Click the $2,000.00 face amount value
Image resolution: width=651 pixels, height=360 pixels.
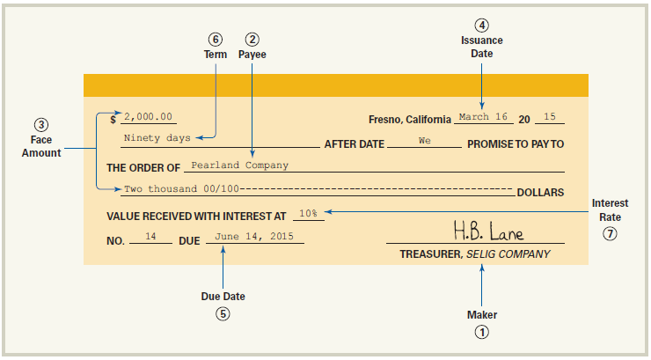pos(149,117)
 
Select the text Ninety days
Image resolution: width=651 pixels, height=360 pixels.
pos(157,138)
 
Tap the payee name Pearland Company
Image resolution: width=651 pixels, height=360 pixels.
pos(239,165)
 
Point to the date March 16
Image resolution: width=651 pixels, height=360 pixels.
pos(483,117)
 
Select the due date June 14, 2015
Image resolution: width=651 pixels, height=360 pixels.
pos(254,236)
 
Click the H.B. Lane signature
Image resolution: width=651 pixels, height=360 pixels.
pos(488,232)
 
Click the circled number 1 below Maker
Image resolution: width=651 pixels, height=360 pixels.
pos(482,332)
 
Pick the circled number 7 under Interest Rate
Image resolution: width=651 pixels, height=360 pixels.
pos(610,234)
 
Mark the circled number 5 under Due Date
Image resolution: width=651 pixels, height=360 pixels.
pos(223,313)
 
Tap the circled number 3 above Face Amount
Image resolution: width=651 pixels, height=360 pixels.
pos(41,123)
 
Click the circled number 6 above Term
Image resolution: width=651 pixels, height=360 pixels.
pos(216,39)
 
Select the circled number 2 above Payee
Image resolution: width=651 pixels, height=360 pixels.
pos(252,39)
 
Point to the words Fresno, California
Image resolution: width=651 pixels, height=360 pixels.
pos(410,119)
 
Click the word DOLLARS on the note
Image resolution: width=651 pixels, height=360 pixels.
pos(540,192)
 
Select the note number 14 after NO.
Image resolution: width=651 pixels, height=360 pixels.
pos(150,236)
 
